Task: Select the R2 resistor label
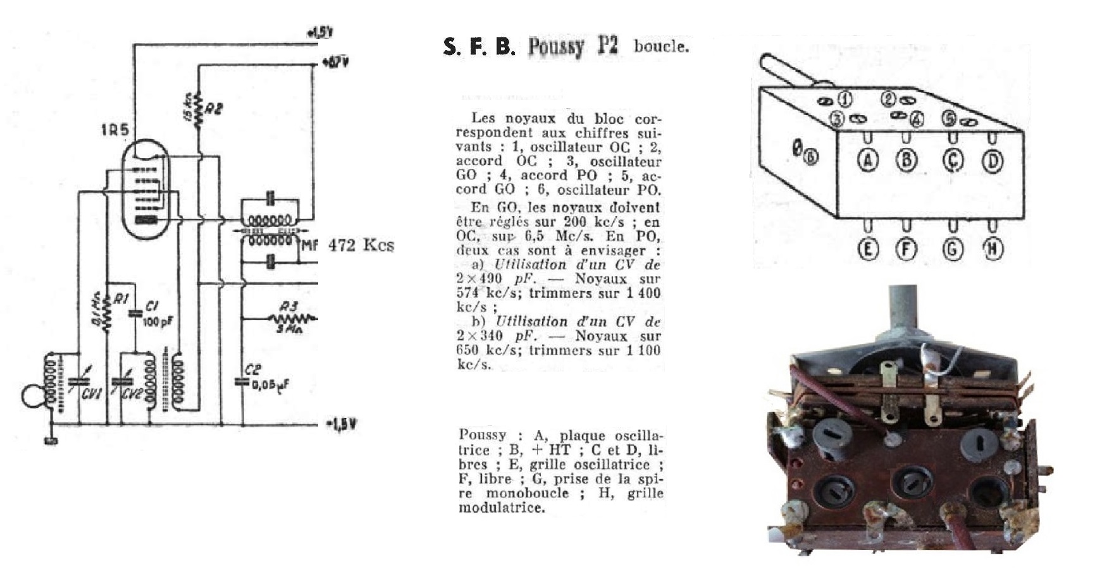point(214,109)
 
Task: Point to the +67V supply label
point(335,62)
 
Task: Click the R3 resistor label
point(288,307)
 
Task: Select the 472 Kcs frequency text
point(361,245)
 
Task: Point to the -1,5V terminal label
point(341,425)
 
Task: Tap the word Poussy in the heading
point(555,46)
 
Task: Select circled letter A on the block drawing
point(868,161)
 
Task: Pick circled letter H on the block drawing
point(992,249)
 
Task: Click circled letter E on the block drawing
point(868,249)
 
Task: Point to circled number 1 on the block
point(845,99)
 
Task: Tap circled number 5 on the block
point(948,118)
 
